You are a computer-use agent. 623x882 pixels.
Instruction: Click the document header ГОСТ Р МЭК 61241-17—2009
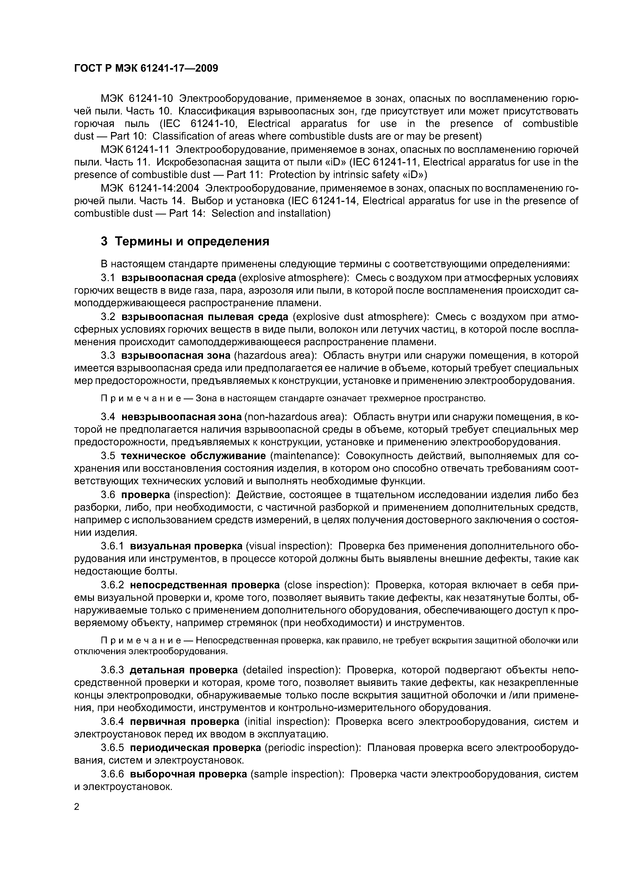tap(146, 68)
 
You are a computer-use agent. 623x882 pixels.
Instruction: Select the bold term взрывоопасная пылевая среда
tap(204, 317)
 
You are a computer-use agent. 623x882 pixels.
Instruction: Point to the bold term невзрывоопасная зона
tap(181, 417)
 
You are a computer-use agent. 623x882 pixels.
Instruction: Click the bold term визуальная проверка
tap(186, 546)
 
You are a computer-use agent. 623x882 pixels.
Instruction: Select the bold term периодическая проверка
tap(195, 747)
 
